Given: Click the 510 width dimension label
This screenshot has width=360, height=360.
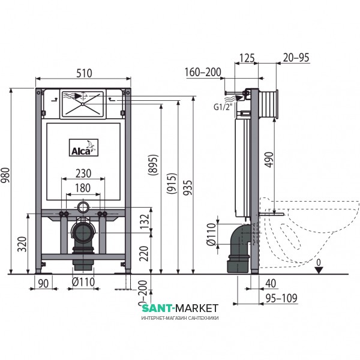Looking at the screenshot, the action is point(84,73).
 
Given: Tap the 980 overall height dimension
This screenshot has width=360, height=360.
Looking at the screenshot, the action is point(5,175).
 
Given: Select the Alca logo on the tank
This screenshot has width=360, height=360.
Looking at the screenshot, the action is point(84,148).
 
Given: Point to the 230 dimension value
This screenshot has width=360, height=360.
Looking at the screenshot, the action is point(83,173).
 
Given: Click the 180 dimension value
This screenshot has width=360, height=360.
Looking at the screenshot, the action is point(83,188).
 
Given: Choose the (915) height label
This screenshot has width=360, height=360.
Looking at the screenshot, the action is point(172,184).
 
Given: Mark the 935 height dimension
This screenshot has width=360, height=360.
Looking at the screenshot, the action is point(188,188).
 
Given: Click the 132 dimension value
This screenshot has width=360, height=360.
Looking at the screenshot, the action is point(145,221).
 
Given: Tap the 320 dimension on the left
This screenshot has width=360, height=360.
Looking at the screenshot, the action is point(23,244).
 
